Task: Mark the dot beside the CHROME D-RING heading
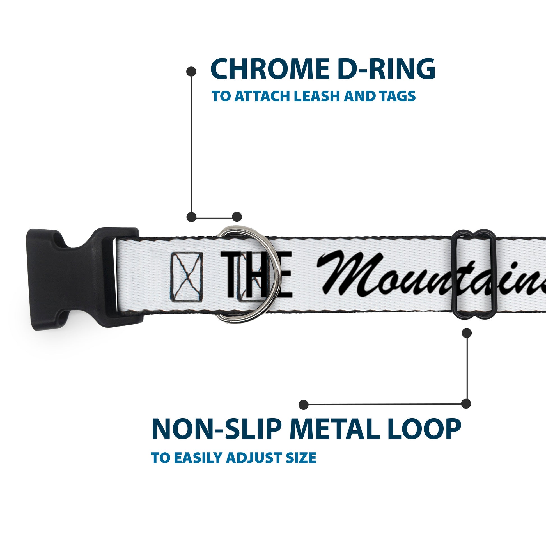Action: click(191, 72)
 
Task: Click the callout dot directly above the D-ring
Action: click(237, 217)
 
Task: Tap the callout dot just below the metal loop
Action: click(467, 333)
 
